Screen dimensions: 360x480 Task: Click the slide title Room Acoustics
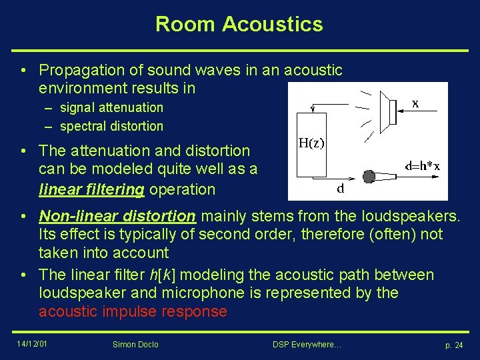click(239, 25)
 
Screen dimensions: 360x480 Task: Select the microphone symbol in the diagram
click(369, 176)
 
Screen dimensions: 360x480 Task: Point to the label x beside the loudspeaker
click(415, 104)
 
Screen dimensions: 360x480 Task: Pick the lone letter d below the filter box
click(340, 189)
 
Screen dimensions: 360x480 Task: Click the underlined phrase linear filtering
click(91, 189)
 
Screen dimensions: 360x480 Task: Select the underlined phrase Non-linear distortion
click(117, 217)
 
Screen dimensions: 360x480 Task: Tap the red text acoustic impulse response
click(133, 311)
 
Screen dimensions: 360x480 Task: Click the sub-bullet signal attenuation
click(111, 107)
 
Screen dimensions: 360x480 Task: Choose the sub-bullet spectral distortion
click(111, 126)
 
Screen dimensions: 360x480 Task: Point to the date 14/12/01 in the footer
click(32, 344)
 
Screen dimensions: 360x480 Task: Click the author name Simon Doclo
click(136, 345)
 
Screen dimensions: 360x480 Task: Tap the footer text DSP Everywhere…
click(307, 345)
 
